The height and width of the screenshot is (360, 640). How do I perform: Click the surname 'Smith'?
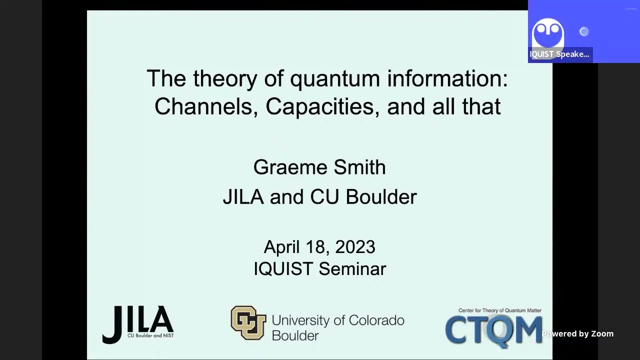(x=359, y=167)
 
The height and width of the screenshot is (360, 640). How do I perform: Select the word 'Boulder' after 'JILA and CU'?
(x=381, y=197)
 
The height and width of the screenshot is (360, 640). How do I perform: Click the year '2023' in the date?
(x=355, y=247)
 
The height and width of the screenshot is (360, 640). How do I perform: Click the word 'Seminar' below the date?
(x=352, y=269)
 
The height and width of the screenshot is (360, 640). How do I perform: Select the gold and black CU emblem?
(x=248, y=323)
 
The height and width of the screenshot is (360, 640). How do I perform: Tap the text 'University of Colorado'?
(x=338, y=320)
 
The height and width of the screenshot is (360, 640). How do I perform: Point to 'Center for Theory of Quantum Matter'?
(x=499, y=310)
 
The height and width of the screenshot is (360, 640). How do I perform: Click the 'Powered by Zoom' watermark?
(x=577, y=334)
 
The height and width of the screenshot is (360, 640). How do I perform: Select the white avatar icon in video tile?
(x=548, y=33)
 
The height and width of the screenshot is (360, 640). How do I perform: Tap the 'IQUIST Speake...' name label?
(x=559, y=54)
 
